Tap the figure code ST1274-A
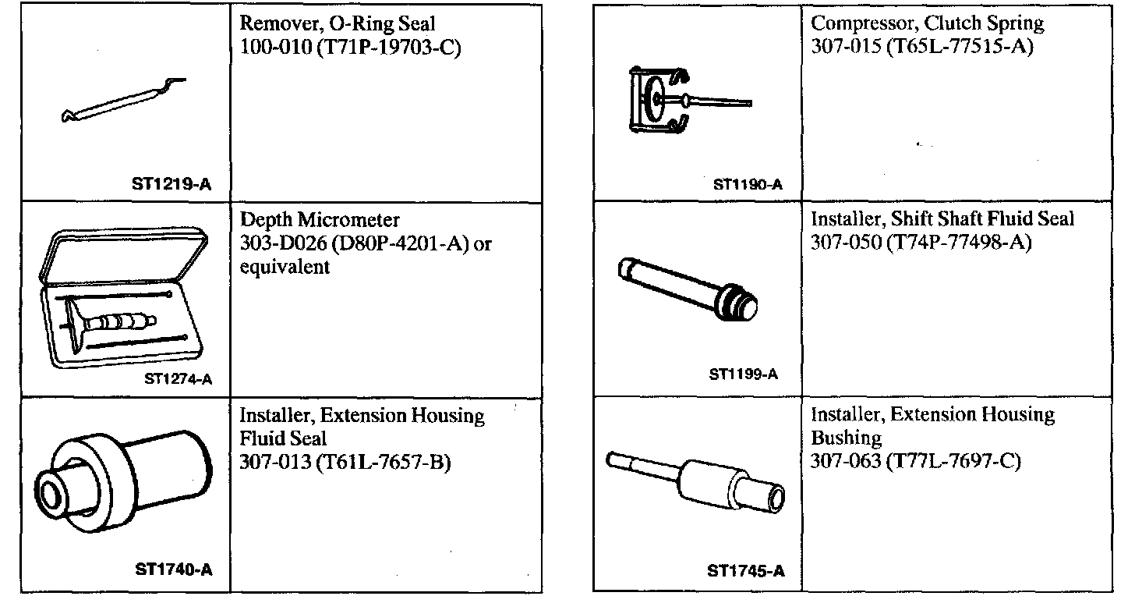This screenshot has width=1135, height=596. [x=179, y=380]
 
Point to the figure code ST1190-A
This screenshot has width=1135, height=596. [x=748, y=186]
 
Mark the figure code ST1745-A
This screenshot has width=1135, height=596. [x=745, y=571]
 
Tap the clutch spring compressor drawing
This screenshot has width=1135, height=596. [x=670, y=99]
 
